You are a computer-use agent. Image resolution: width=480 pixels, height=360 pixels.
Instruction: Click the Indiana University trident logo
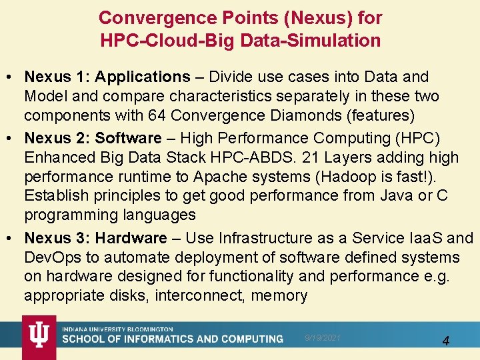pos(39,337)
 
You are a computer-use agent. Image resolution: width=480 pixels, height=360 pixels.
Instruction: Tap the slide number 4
pos(446,341)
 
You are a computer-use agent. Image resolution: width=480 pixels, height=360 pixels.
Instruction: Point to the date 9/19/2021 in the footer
pos(323,338)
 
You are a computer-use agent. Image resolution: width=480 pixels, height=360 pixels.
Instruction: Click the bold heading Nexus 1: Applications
pos(107,77)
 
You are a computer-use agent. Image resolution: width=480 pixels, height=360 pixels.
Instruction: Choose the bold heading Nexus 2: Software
pos(93,139)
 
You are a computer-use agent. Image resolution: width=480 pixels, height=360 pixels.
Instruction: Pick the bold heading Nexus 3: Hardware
pos(95,238)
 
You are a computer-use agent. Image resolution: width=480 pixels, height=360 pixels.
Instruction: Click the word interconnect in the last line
pos(199,295)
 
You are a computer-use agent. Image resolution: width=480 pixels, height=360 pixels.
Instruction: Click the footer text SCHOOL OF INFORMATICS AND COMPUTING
pos(173,339)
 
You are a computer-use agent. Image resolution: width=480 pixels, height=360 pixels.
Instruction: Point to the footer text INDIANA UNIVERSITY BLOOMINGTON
pos(117,329)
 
